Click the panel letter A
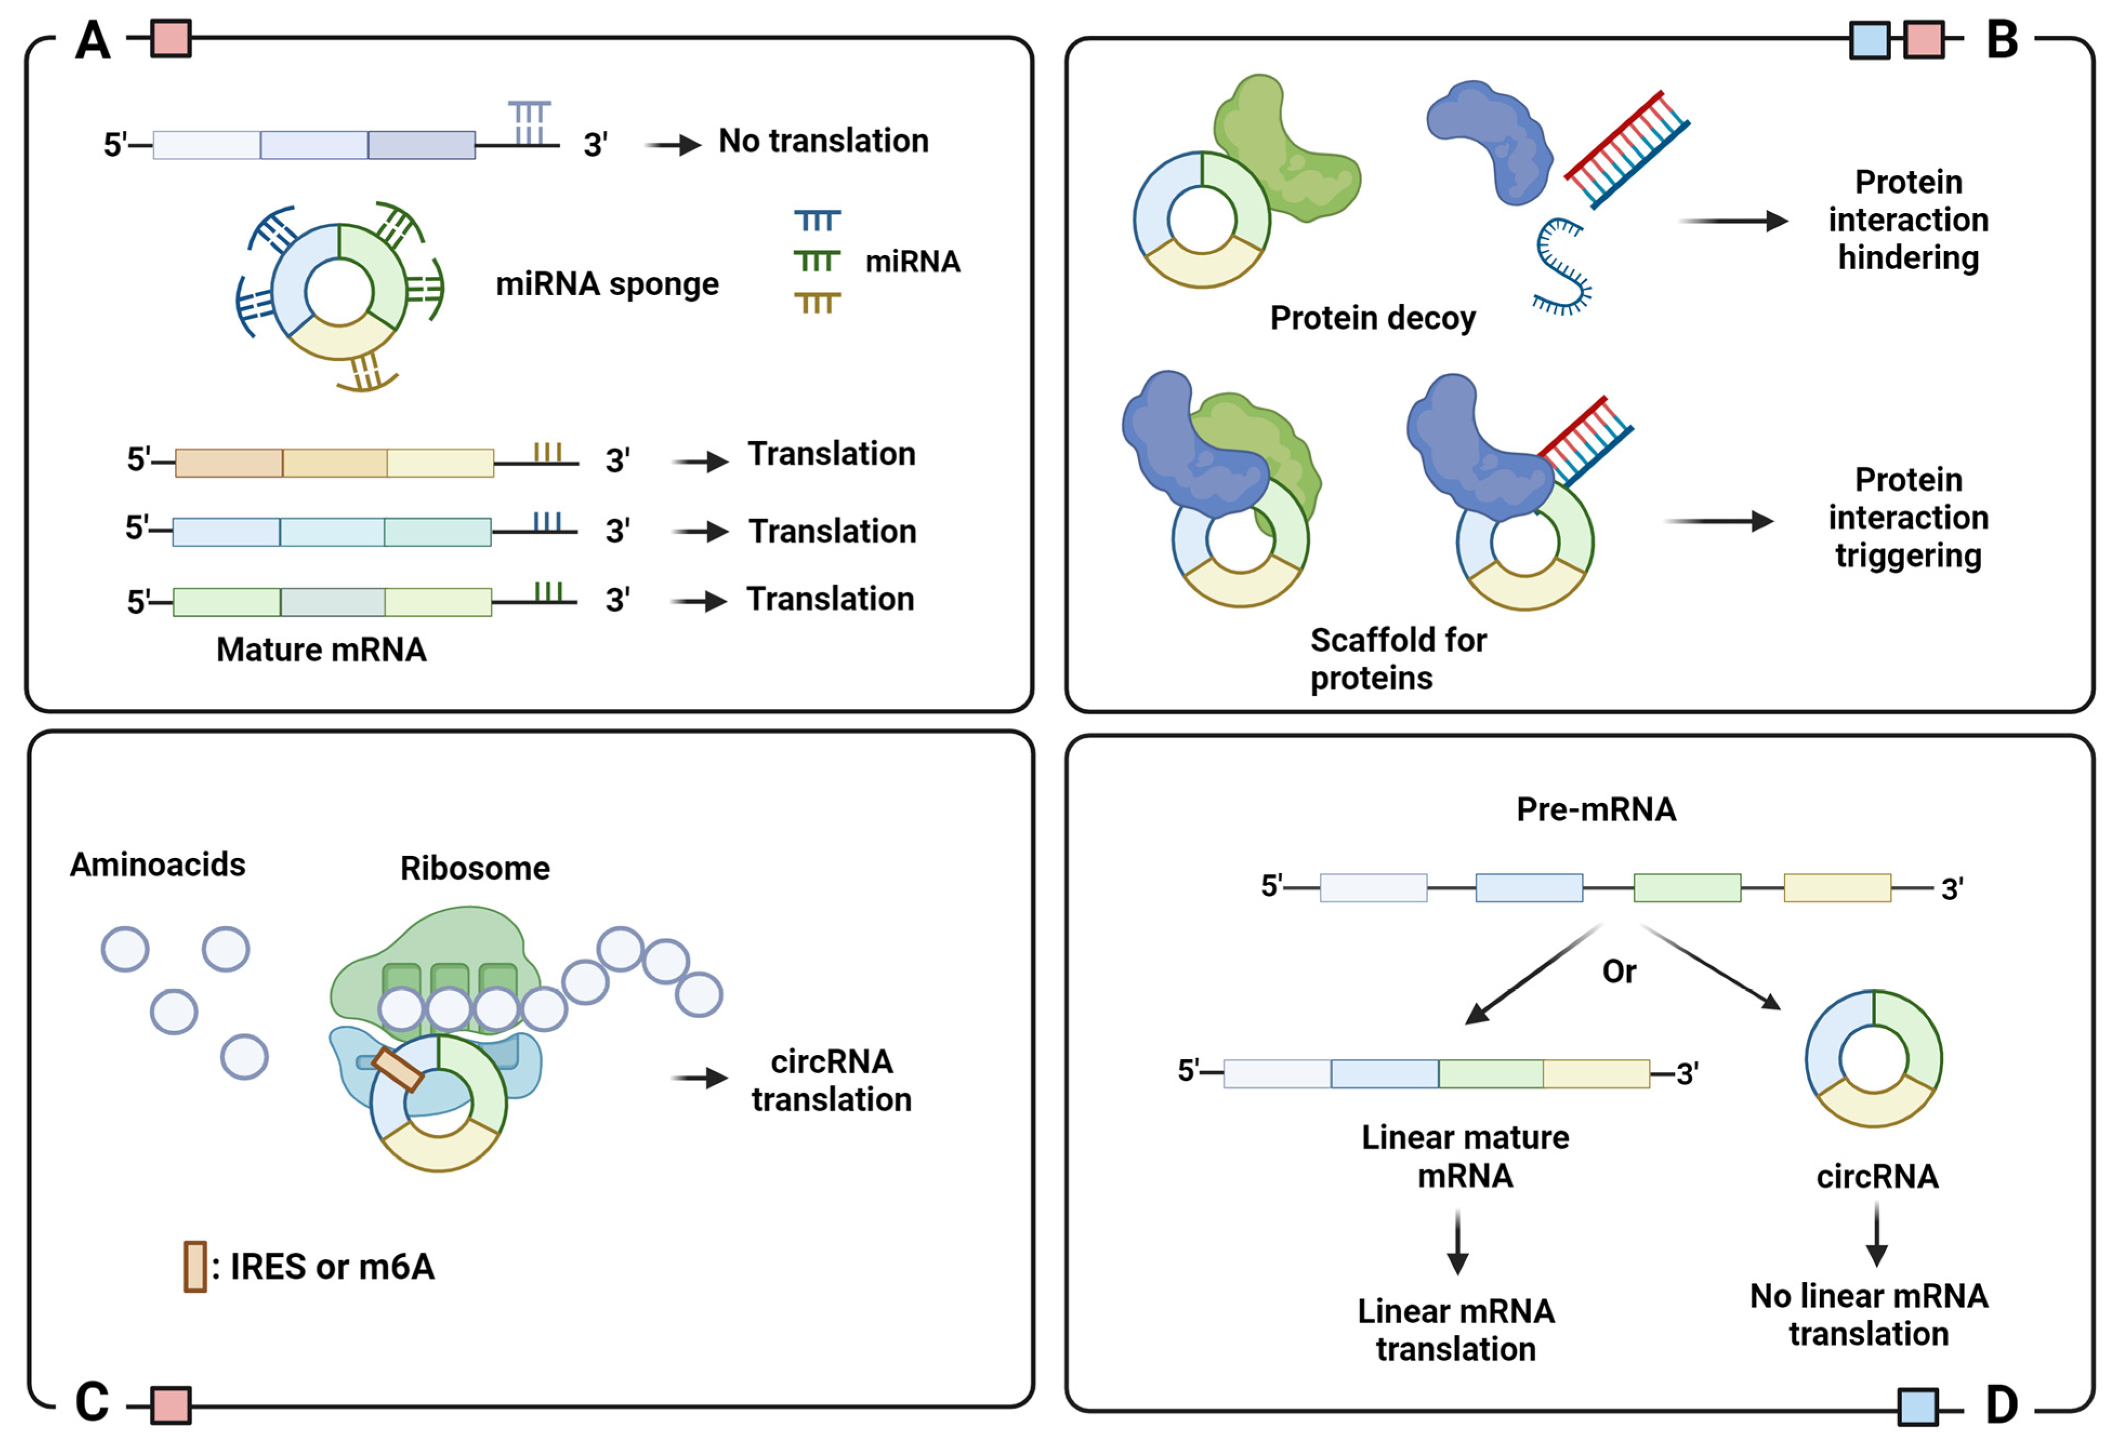pyautogui.click(x=92, y=41)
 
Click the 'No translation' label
pyautogui.click(x=823, y=142)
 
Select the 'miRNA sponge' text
pyautogui.click(x=607, y=284)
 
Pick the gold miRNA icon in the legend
pyautogui.click(x=817, y=303)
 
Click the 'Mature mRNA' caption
pyautogui.click(x=321, y=649)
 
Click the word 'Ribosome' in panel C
pyautogui.click(x=474, y=868)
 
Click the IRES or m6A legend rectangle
pyautogui.click(x=194, y=1266)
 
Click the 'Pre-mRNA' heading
pyautogui.click(x=1596, y=809)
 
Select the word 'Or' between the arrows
pyautogui.click(x=1619, y=972)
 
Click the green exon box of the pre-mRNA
pyautogui.click(x=1686, y=888)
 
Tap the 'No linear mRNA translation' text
pyautogui.click(x=1868, y=1314)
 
